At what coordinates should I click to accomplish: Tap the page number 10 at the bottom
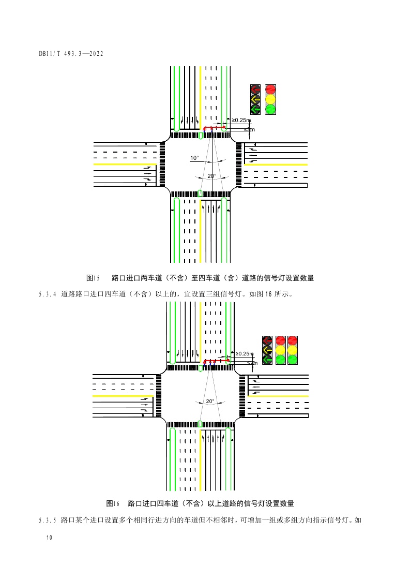point(49,538)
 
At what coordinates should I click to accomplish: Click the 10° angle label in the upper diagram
point(194,158)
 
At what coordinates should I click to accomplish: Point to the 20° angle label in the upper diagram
point(211,176)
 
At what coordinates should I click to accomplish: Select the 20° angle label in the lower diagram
point(210,401)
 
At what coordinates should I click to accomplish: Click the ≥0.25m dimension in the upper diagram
point(241,120)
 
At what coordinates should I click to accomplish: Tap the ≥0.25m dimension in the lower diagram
point(244,354)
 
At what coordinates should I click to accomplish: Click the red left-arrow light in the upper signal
point(255,89)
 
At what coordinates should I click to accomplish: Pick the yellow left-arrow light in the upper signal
point(255,99)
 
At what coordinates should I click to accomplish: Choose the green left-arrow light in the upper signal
point(255,109)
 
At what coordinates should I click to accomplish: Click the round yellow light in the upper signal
point(270,99)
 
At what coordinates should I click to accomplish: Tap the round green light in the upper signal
point(270,109)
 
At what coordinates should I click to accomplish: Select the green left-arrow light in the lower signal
point(267,359)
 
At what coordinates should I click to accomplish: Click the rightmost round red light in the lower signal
point(293,340)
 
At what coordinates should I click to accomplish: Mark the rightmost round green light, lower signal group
point(293,359)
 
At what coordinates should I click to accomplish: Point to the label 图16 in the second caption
point(113,503)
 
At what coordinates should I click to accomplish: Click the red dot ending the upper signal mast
point(224,127)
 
